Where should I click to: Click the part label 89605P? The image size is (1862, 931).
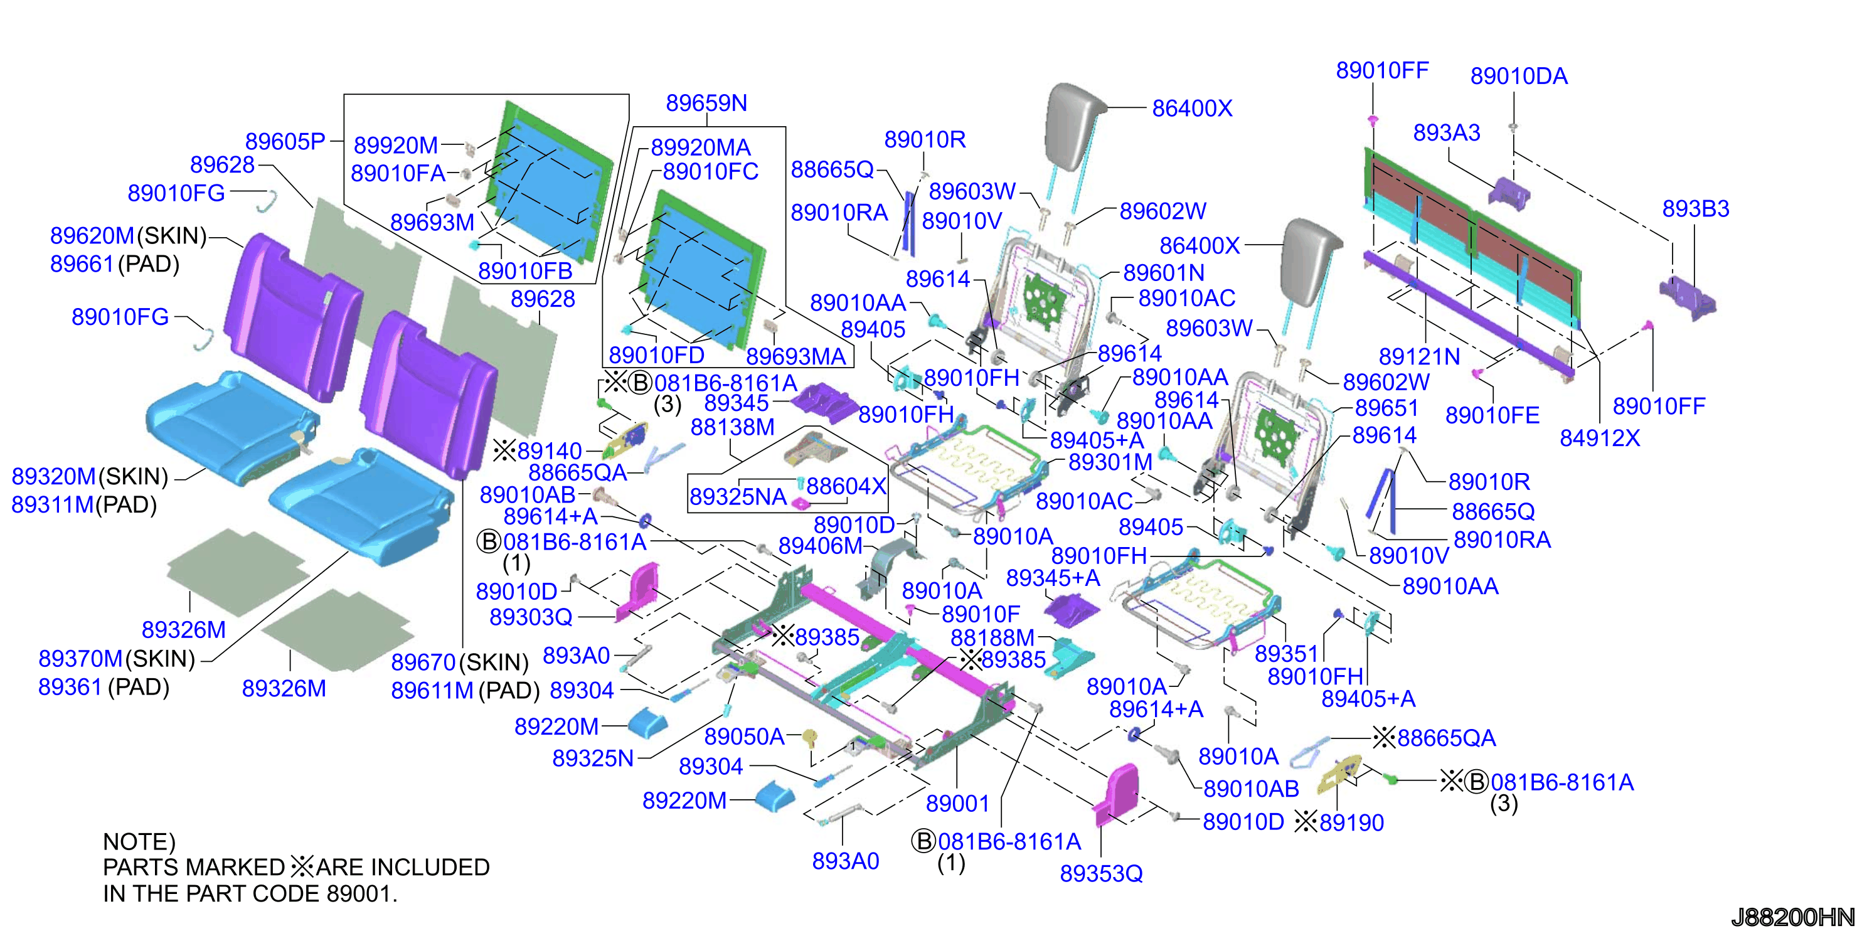point(285,141)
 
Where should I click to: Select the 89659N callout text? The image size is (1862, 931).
point(706,103)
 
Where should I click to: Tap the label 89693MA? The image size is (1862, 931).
point(796,356)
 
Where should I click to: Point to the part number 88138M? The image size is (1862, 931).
point(732,427)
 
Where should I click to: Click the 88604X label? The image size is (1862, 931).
point(846,486)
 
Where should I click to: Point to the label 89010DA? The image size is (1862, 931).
point(1519,76)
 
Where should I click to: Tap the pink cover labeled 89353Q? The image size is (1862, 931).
point(1117,794)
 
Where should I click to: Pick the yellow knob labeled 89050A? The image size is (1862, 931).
point(811,738)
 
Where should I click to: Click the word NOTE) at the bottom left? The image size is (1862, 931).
point(139,841)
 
